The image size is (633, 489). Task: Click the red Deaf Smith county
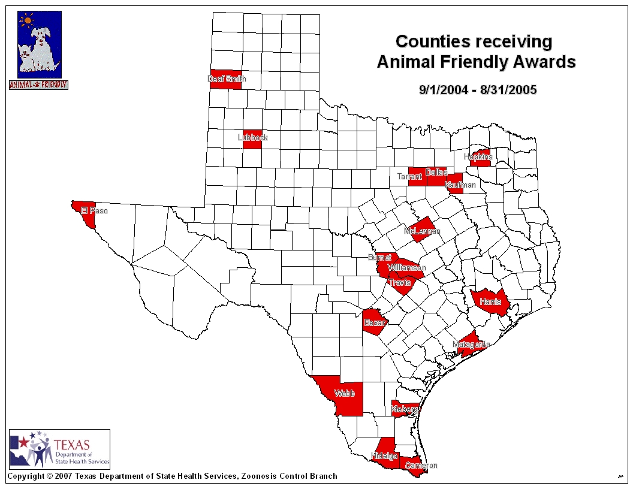point(226,79)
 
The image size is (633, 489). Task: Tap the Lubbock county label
point(252,138)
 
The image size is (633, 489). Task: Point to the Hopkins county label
point(478,157)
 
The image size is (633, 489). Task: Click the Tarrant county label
point(409,177)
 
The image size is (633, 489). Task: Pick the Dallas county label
point(436,173)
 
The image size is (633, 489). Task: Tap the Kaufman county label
point(460,185)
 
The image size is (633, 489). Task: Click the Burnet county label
point(380,257)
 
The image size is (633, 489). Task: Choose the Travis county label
point(399,282)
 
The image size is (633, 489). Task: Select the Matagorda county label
point(471,345)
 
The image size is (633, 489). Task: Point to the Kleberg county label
point(405,409)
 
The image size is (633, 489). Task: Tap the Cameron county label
point(421,466)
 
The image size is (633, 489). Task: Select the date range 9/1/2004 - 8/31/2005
point(478,90)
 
